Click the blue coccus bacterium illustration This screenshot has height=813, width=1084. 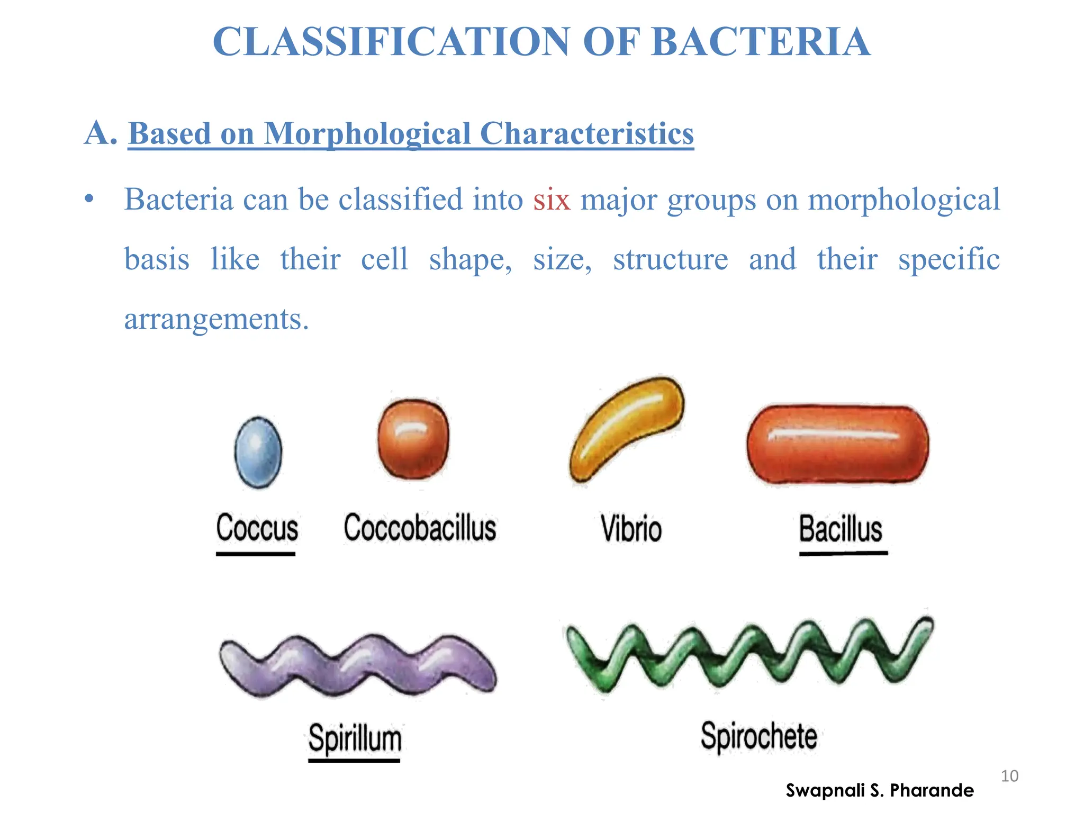(x=258, y=451)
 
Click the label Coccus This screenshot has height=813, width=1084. (x=257, y=528)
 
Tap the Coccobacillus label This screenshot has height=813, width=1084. (x=420, y=528)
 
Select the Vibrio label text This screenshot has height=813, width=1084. (x=631, y=529)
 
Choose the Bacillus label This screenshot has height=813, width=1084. (x=841, y=529)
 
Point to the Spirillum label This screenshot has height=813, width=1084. (x=355, y=738)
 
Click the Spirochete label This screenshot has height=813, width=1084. (x=759, y=736)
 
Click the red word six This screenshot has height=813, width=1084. (x=552, y=200)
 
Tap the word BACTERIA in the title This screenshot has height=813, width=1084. (x=761, y=42)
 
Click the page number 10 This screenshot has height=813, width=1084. (x=1009, y=776)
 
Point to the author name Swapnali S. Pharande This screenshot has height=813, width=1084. (x=880, y=790)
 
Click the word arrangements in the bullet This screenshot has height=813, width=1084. (x=216, y=319)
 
